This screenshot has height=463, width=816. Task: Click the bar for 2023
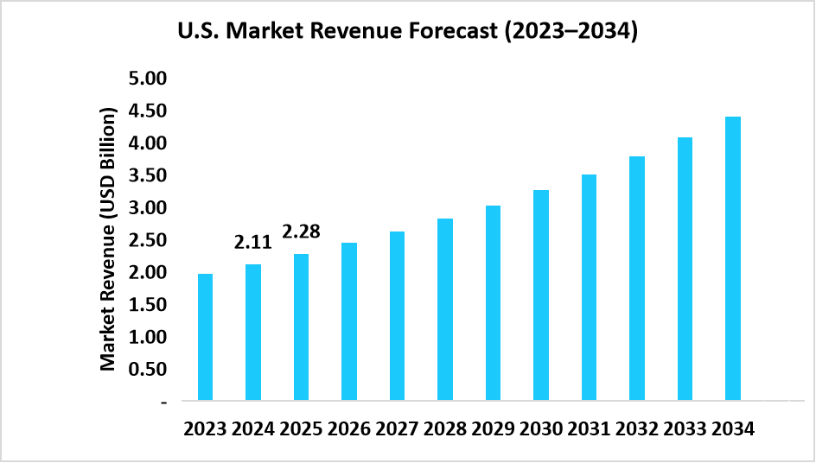pos(206,337)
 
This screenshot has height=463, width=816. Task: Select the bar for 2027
pos(397,316)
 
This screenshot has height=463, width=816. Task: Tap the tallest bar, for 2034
pos(732,258)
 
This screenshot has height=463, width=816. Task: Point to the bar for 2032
pos(636,278)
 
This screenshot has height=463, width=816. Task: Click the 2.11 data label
pos(252,243)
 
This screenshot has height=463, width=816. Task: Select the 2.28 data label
pos(301,231)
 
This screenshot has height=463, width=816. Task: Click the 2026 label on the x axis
pos(348,429)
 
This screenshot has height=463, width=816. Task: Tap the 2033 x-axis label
pos(684,429)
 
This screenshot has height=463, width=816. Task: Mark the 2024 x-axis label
pos(252,429)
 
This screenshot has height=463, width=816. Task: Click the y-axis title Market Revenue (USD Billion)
pos(108,239)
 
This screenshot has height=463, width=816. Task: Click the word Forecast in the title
pos(450,33)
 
